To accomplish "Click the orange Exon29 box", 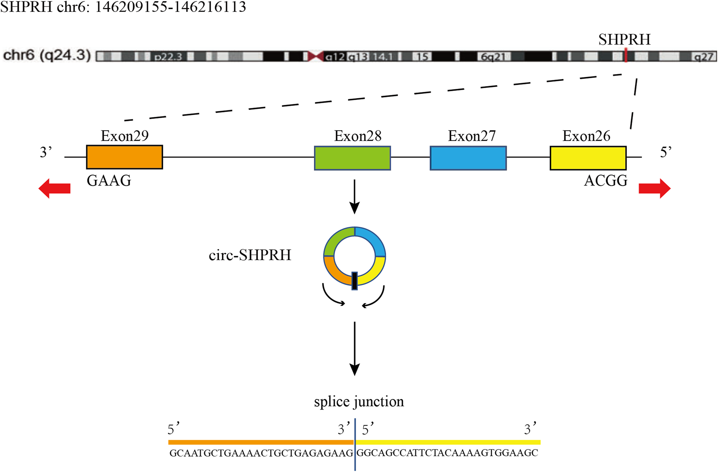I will [x=124, y=157].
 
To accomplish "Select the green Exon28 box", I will [x=353, y=158].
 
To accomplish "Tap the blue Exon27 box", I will [x=468, y=158].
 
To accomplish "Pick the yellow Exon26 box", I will [x=588, y=158].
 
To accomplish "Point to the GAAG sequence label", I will [x=109, y=181].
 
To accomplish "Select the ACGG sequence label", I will [x=605, y=181].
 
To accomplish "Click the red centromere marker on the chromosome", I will [x=315, y=56].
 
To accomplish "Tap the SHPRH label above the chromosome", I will [x=624, y=39].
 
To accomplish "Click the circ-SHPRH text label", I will [x=250, y=255].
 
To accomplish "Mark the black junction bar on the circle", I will [x=355, y=281].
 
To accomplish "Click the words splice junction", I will [x=359, y=401].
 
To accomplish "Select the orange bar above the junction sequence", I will [x=261, y=442].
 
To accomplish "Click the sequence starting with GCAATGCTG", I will [x=261, y=453].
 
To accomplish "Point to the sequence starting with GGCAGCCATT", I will [x=447, y=453].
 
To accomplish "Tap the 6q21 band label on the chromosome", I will [x=493, y=57].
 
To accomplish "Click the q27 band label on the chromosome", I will [x=703, y=57].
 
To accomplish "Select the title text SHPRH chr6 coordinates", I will [x=123, y=7].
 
